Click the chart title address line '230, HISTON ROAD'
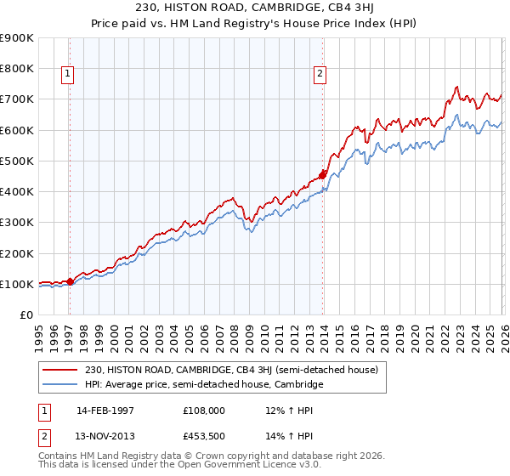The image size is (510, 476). pyautogui.click(x=254, y=8)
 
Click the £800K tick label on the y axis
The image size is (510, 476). pyautogui.click(x=17, y=69)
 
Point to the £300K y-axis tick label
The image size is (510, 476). pyautogui.click(x=17, y=223)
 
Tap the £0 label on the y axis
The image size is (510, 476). pyautogui.click(x=25, y=315)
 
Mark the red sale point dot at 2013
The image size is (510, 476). pyautogui.click(x=322, y=175)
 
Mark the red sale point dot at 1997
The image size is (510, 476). pyautogui.click(x=70, y=282)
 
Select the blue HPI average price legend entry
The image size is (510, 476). pyautogui.click(x=204, y=385)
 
